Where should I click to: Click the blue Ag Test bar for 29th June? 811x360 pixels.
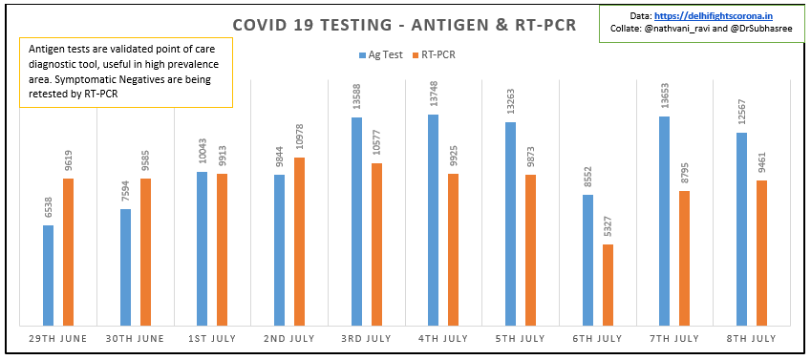point(48,276)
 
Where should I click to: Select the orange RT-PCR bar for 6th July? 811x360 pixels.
point(608,286)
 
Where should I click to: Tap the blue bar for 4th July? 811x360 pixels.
point(433,221)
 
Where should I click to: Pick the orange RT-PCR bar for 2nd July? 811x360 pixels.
point(299,242)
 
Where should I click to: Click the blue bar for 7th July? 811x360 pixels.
point(664,222)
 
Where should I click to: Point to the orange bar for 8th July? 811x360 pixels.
point(761,253)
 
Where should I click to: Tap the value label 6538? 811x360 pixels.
point(49,208)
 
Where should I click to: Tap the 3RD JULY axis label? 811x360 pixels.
point(366,338)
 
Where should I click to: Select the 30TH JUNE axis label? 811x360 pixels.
point(135,338)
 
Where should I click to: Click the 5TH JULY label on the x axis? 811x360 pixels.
point(520,338)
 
